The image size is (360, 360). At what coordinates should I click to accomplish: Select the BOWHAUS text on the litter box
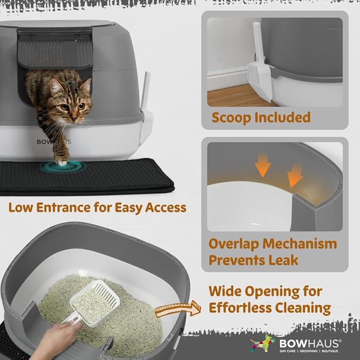click(x=53, y=142)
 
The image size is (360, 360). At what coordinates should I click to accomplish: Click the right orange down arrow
click(x=294, y=175)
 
